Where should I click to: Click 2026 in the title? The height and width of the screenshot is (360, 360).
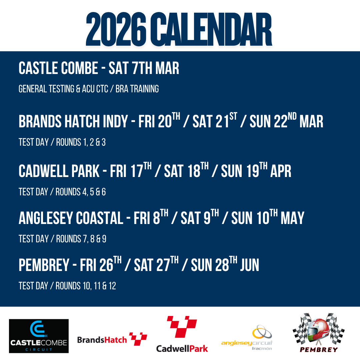point(116,29)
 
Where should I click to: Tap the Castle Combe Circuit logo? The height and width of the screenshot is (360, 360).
point(39,336)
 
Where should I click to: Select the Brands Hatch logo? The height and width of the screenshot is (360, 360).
point(112,339)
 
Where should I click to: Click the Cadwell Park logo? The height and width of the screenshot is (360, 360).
point(182,334)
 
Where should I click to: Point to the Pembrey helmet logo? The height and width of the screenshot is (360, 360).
point(319,333)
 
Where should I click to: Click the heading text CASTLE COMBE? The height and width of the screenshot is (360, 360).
point(58,68)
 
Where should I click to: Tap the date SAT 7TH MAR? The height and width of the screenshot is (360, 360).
point(144,68)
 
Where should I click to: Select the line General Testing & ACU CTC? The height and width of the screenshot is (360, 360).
point(63,89)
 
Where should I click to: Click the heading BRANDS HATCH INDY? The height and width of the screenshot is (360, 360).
point(73,121)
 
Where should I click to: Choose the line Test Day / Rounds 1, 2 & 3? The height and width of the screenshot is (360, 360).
point(62,142)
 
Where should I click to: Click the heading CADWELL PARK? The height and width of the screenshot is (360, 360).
point(59,171)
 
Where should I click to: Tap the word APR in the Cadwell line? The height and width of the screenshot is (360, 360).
point(281,171)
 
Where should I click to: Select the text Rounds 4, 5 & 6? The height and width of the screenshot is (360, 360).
point(81,192)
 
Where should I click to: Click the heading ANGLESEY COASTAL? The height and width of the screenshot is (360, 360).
point(71,218)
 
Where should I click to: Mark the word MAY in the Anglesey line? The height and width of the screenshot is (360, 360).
point(293,218)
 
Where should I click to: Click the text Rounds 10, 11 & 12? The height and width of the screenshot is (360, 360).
point(86,286)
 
